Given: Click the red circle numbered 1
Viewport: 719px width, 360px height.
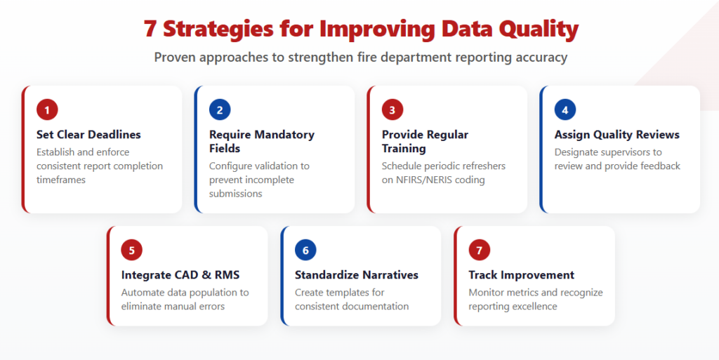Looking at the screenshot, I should click(47, 110).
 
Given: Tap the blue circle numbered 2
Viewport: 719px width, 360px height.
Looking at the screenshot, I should click(220, 110).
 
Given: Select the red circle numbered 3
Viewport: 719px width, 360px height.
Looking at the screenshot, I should click(393, 110).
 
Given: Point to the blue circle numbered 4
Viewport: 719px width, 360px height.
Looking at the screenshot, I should click(565, 110).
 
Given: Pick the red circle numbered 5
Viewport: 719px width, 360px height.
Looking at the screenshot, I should click(132, 251).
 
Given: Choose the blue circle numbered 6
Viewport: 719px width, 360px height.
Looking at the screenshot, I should click(305, 251).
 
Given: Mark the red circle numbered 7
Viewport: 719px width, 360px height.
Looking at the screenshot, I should click(480, 251).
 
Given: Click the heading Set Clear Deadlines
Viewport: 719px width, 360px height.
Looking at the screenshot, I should click(88, 135).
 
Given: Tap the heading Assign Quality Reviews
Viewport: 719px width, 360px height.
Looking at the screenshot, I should click(616, 135).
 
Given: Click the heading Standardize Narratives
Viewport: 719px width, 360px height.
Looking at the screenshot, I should click(356, 275).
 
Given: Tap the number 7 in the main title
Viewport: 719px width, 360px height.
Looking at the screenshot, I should click(150, 29).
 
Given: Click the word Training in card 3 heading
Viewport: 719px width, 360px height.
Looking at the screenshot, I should click(404, 149).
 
